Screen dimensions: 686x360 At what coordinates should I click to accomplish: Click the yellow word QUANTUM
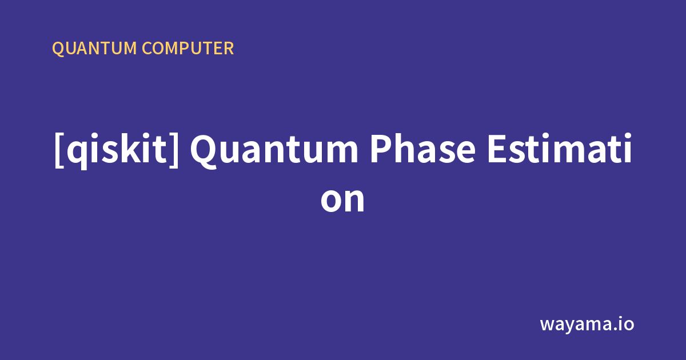(94, 49)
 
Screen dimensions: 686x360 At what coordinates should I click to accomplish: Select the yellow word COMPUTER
(188, 49)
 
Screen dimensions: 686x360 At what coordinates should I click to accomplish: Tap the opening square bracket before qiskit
(59, 150)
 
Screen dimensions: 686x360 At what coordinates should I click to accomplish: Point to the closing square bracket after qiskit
(174, 150)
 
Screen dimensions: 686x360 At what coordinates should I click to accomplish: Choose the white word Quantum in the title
(274, 150)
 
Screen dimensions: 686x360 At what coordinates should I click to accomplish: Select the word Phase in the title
(423, 148)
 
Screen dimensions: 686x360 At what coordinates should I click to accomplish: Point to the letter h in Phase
(405, 148)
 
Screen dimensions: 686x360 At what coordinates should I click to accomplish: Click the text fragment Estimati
(560, 148)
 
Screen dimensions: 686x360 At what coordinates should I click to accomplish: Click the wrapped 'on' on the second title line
(342, 200)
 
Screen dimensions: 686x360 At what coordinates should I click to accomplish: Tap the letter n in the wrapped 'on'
(355, 200)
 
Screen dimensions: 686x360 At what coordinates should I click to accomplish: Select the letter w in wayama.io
(548, 325)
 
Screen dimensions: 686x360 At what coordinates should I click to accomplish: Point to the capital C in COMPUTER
(148, 49)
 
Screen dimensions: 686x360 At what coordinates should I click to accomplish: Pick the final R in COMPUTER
(229, 49)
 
